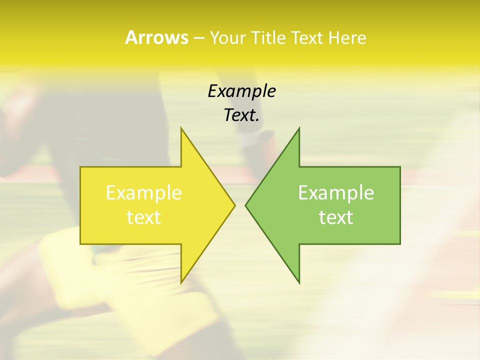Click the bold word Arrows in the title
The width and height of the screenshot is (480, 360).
pyautogui.click(x=156, y=37)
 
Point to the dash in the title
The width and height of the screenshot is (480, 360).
pyautogui.click(x=198, y=38)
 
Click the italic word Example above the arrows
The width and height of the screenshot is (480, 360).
pyautogui.click(x=241, y=91)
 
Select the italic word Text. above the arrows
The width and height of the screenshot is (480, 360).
pyautogui.click(x=241, y=115)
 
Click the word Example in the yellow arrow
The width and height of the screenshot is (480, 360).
pyautogui.click(x=144, y=193)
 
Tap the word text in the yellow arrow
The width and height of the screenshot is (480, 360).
pyautogui.click(x=144, y=217)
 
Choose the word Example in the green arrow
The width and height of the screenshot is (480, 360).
pyautogui.click(x=336, y=193)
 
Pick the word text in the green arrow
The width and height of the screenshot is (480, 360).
pyautogui.click(x=336, y=217)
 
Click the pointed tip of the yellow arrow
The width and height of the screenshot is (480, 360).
pyautogui.click(x=235, y=205)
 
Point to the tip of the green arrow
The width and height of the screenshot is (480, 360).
pyautogui.click(x=245, y=205)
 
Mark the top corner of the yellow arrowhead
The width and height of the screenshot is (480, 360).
pyautogui.click(x=181, y=128)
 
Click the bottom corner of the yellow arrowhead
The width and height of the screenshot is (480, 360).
pyautogui.click(x=181, y=283)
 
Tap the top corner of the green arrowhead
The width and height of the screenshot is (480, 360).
pyautogui.click(x=299, y=128)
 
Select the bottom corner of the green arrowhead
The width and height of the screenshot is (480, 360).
pyautogui.click(x=299, y=283)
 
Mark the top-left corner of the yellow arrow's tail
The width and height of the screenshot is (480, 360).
pyautogui.click(x=80, y=167)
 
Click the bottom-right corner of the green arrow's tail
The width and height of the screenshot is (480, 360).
pyautogui.click(x=400, y=244)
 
